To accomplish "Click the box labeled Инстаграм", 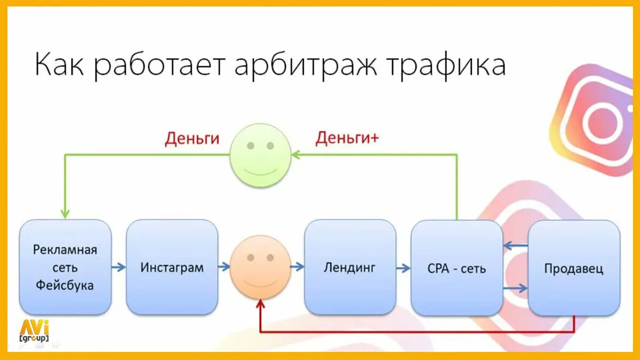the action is pos(172,267).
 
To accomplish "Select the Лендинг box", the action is pos(350,267).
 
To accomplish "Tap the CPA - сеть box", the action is pos(457,268).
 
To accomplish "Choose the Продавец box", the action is pos(574,268).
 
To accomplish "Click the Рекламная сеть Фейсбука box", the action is pos(65,267).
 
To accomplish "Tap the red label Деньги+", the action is pos(347,138).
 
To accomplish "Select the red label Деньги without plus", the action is pos(192,138).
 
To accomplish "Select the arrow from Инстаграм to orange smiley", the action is pos(224,267).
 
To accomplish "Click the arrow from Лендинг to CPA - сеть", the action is pos(404,267).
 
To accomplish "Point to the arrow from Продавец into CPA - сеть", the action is pos(515,246).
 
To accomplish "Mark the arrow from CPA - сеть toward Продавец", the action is pos(515,288).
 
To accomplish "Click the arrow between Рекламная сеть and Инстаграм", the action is pos(119,267).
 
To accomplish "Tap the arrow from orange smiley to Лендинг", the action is pos(298,267).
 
